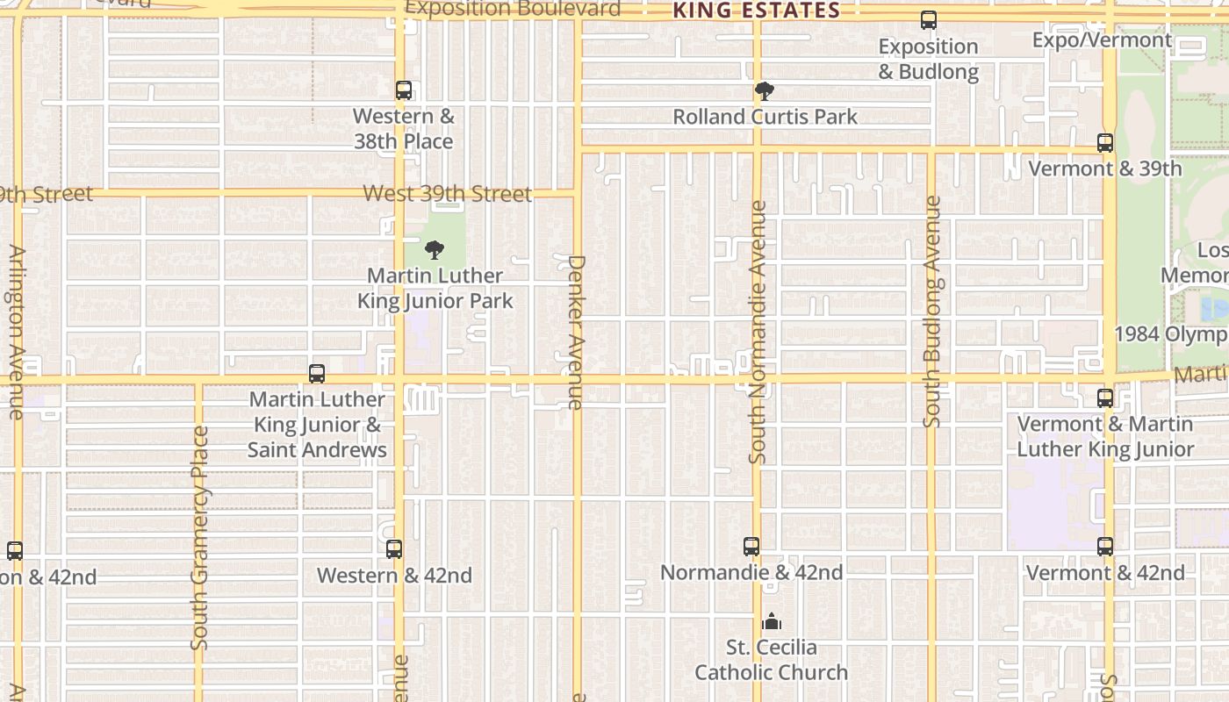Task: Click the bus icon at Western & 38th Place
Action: [x=403, y=90]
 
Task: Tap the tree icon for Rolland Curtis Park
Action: [x=765, y=90]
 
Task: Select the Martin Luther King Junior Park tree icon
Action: [x=435, y=250]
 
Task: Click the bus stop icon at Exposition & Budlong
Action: [x=928, y=20]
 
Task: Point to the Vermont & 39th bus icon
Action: [x=1105, y=142]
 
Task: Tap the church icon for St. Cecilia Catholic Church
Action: [x=772, y=621]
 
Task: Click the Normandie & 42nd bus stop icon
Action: [x=751, y=547]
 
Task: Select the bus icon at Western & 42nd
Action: [x=394, y=549]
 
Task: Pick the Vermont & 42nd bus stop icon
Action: [x=1105, y=547]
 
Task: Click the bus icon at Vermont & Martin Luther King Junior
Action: [x=1105, y=398]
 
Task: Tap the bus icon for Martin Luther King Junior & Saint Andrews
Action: [x=317, y=373]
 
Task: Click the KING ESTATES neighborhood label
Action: [x=756, y=11]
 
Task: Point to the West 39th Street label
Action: [x=447, y=194]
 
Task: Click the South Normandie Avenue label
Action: [x=759, y=332]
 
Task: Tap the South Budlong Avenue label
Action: [x=932, y=312]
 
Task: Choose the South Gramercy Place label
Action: [x=200, y=538]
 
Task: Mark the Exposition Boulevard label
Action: [x=513, y=9]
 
